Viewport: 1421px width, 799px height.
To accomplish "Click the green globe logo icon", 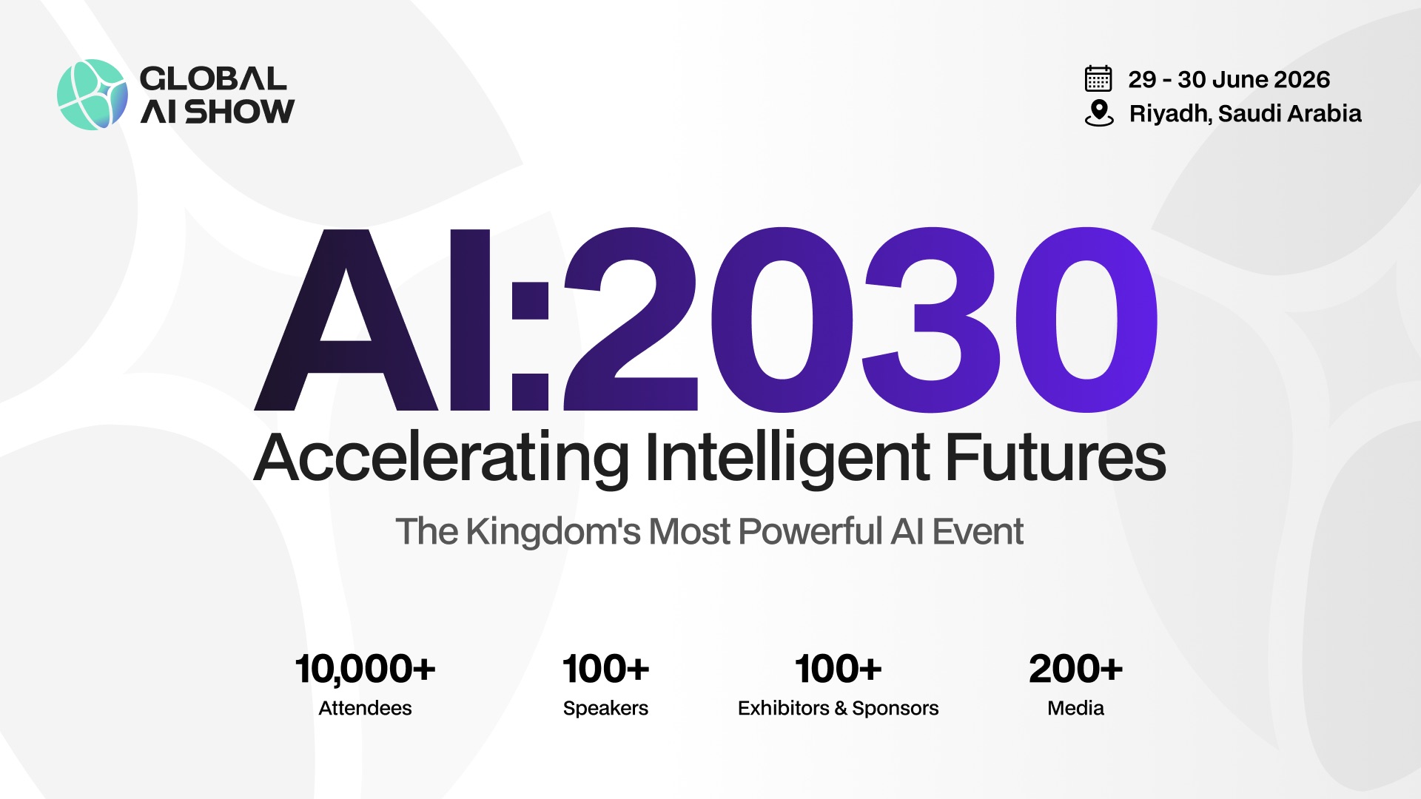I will [x=92, y=95].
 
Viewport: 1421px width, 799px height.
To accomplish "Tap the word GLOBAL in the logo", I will [x=212, y=78].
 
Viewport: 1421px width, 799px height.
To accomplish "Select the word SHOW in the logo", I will [x=239, y=112].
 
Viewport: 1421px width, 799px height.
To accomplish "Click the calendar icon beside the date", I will [x=1098, y=78].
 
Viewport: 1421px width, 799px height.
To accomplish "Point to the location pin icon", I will [x=1099, y=112].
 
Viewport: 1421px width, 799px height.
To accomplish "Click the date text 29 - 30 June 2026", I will [x=1229, y=79].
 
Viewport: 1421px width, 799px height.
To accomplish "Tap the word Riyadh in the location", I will [x=1170, y=114].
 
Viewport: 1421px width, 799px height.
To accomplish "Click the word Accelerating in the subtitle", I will [x=441, y=459].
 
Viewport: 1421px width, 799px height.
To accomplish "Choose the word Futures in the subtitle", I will [x=1055, y=459].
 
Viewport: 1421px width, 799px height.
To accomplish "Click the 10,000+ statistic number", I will [x=365, y=669].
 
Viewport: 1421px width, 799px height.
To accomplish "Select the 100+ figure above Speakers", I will [x=605, y=669].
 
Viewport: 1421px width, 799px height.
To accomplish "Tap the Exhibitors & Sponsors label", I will [x=838, y=708].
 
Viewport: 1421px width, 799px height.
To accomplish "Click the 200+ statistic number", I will [x=1075, y=669].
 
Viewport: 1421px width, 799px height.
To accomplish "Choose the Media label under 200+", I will [x=1075, y=708].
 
